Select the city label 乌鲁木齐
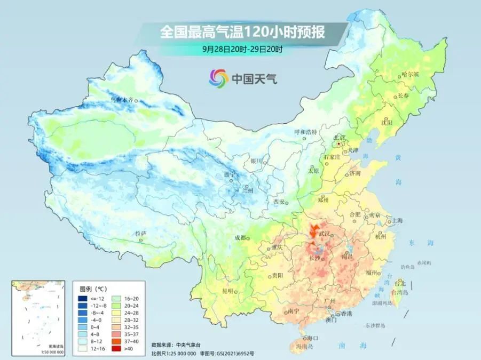pos(120,100)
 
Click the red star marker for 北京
pos(337,143)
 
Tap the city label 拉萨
pos(140,234)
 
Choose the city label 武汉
pos(325,234)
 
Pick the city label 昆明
pos(227,291)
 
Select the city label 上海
pos(397,220)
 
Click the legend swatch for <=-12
pos(83,298)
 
